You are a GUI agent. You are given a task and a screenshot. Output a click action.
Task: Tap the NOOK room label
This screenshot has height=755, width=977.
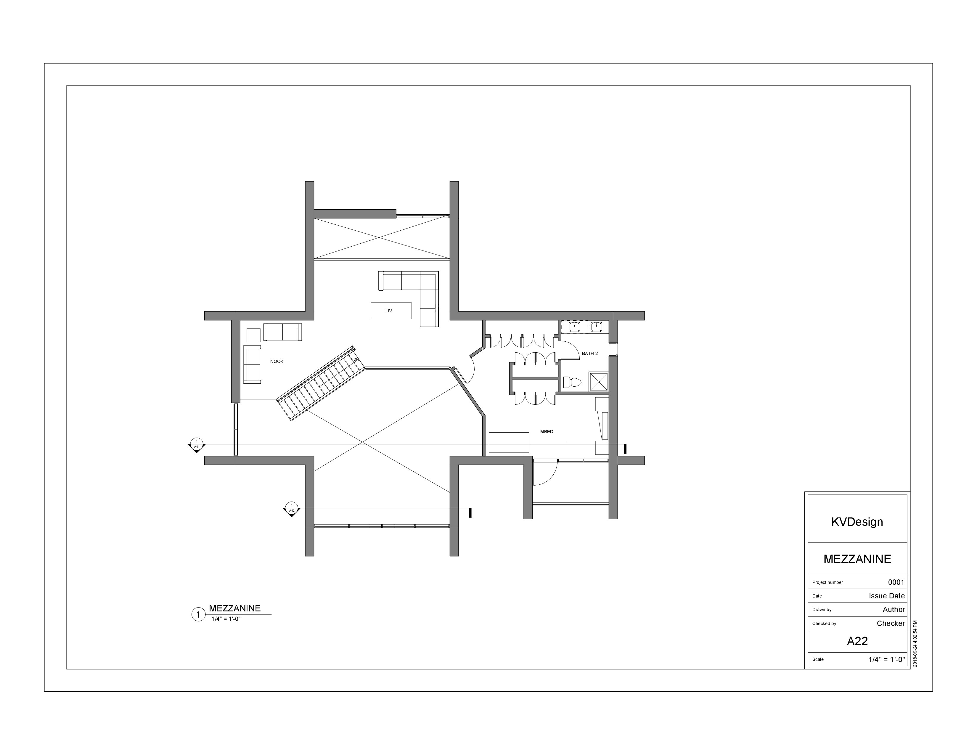click(x=277, y=362)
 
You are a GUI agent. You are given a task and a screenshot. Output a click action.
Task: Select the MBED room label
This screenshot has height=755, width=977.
click(x=547, y=432)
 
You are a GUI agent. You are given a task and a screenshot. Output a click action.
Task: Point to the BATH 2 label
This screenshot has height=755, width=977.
click(x=589, y=353)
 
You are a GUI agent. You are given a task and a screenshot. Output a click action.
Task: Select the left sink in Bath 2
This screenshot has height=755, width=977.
click(x=573, y=327)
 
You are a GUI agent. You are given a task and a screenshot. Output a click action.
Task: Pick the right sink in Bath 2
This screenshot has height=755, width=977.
click(x=595, y=327)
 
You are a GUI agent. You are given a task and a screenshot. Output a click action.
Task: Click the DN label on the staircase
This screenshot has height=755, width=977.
click(x=356, y=359)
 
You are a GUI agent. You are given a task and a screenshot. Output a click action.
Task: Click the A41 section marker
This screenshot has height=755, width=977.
click(x=196, y=445)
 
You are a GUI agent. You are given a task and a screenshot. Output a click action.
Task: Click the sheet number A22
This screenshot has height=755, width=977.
click(x=857, y=641)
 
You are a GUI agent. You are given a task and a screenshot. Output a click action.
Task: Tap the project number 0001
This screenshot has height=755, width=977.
click(x=896, y=582)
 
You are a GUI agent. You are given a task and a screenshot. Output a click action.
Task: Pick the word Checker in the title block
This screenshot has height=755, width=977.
click(x=891, y=623)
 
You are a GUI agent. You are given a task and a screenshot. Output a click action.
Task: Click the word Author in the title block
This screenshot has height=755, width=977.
click(x=894, y=609)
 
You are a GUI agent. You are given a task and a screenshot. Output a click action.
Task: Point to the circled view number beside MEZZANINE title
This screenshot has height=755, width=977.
click(x=198, y=615)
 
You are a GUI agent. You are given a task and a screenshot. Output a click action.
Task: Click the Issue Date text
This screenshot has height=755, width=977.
click(x=887, y=596)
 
